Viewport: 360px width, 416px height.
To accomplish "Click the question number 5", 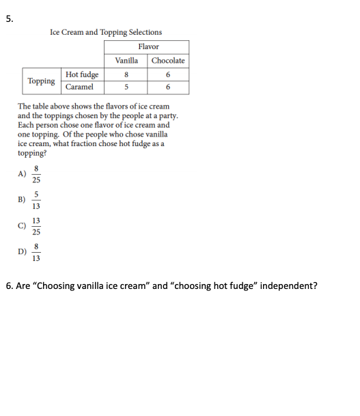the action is [x=9, y=19].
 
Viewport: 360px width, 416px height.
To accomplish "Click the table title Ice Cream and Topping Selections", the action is [x=106, y=32].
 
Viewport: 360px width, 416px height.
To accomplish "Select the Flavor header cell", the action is [x=148, y=46].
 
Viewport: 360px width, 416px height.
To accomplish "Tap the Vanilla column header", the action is [x=126, y=60].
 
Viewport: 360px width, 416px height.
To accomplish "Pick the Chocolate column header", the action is [x=168, y=60].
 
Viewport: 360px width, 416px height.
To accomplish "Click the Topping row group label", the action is [x=41, y=81].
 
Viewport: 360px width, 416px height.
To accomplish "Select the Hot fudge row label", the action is [x=82, y=74].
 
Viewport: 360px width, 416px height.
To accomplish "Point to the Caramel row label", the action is [x=79, y=87].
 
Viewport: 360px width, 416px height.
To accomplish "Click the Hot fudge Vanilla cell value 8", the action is [x=127, y=74].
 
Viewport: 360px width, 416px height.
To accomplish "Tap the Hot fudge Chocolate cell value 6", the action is [x=168, y=74].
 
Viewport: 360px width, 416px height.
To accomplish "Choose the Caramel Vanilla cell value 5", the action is [x=127, y=87].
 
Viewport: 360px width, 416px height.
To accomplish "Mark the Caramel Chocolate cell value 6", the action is [x=168, y=87].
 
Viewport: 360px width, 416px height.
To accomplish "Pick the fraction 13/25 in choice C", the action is [x=36, y=226].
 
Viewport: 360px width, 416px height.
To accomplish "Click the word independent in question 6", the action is [x=287, y=286].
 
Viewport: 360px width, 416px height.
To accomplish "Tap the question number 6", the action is [x=9, y=286].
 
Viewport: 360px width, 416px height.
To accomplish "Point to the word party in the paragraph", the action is [x=158, y=116].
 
